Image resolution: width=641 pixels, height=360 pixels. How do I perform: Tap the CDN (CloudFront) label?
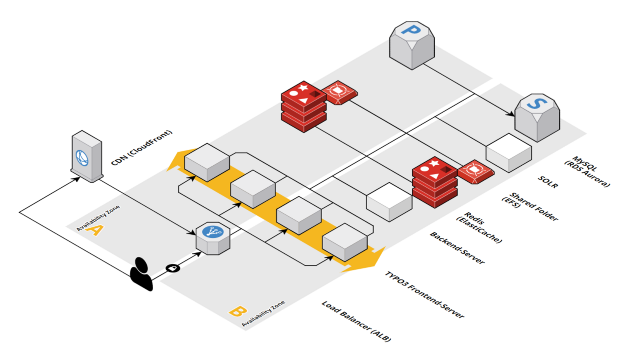pyautogui.click(x=142, y=150)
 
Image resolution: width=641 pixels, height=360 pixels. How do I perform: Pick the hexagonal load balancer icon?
pyautogui.click(x=212, y=238)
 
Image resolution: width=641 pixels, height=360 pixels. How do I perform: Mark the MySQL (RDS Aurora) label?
pyautogui.click(x=589, y=171)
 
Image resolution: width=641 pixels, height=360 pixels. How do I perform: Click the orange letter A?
pyautogui.click(x=95, y=231)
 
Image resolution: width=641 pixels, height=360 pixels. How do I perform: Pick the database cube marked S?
pyautogui.click(x=537, y=117)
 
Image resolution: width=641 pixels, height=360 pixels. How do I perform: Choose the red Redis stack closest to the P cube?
pyautogui.click(x=303, y=106)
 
